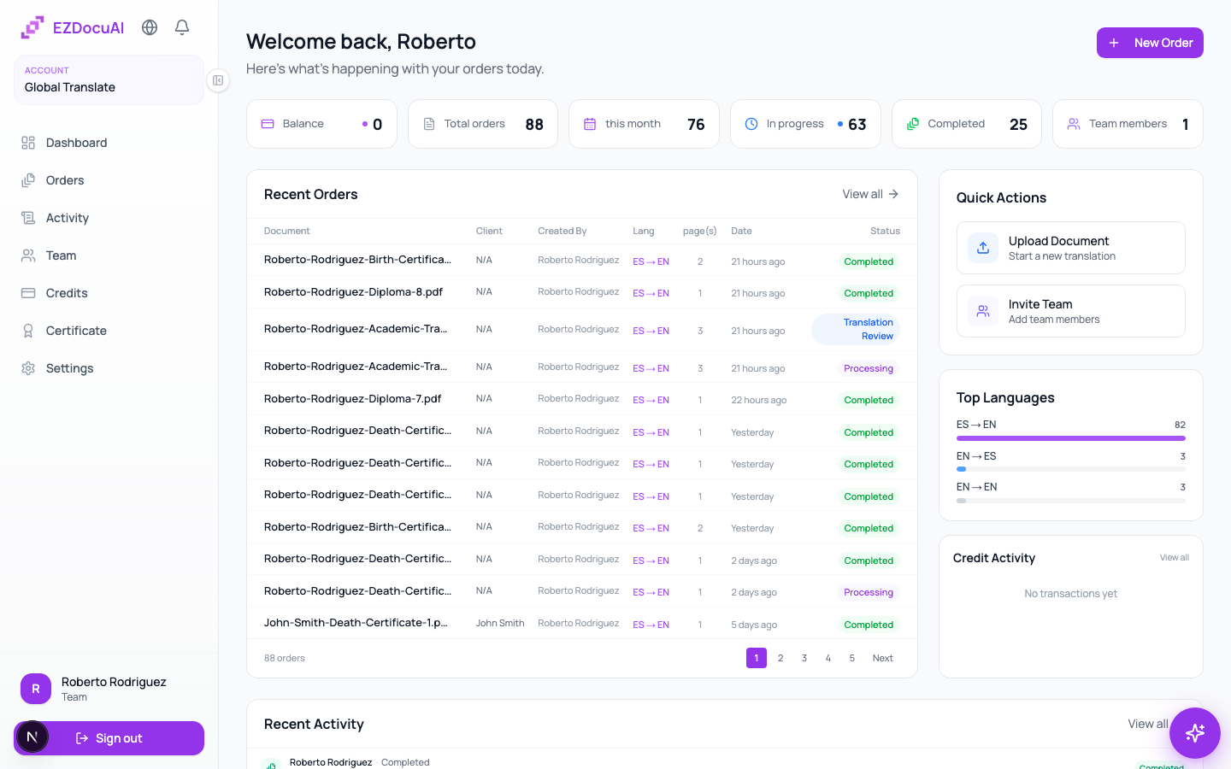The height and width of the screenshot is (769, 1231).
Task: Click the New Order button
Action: click(1150, 43)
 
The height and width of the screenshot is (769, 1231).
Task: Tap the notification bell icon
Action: click(182, 27)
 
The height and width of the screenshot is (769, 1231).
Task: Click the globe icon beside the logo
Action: click(150, 27)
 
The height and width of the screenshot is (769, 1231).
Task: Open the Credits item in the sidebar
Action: click(67, 293)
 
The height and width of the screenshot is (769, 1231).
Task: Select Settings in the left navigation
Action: click(69, 368)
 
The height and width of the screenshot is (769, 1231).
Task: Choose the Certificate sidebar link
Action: click(76, 331)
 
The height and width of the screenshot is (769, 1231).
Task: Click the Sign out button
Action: click(109, 738)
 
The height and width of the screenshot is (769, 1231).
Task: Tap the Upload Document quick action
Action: click(1070, 248)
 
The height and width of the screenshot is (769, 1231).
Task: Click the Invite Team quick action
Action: click(1070, 311)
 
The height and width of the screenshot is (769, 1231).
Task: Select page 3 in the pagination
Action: click(804, 658)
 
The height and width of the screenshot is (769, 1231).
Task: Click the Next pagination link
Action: click(882, 658)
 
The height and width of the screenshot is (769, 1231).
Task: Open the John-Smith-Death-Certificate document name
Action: click(356, 622)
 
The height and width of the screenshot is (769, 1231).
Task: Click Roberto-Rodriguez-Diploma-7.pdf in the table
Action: click(352, 399)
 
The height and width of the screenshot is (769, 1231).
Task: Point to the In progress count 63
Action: click(857, 124)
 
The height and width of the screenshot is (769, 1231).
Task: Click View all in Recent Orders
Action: click(870, 194)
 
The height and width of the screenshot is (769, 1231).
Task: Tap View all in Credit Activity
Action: click(1175, 557)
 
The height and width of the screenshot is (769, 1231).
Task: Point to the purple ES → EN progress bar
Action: click(1070, 438)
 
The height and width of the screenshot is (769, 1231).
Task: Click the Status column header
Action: click(885, 231)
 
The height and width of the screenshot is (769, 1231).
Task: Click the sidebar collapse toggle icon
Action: click(218, 80)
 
